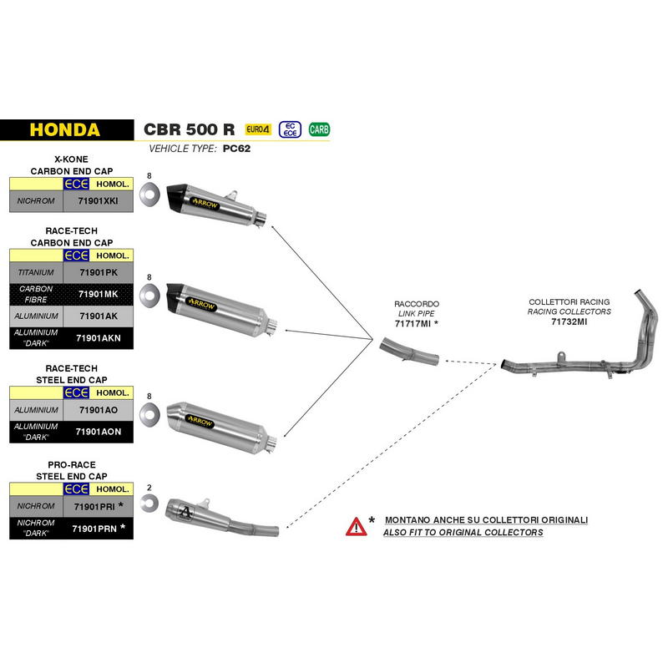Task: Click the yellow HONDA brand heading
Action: point(65,130)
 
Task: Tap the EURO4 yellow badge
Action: point(258,129)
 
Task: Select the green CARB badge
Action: point(319,129)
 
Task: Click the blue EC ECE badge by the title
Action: point(290,129)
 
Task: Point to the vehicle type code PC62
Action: point(236,149)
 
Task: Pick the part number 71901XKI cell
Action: point(98,200)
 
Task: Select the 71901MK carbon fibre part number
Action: point(98,294)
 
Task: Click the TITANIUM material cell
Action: point(36,272)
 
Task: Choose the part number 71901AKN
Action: point(99,338)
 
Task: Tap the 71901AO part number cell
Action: point(98,410)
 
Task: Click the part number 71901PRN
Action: point(94,529)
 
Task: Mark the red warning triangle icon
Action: point(356,527)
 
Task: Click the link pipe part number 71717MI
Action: point(412,324)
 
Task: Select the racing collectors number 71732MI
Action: point(569,321)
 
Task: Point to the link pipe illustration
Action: point(409,352)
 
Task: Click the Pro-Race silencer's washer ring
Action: point(149,504)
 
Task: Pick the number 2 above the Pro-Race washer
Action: point(149,488)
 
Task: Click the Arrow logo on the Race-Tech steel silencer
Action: point(200,421)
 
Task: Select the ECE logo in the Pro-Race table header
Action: point(76,489)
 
